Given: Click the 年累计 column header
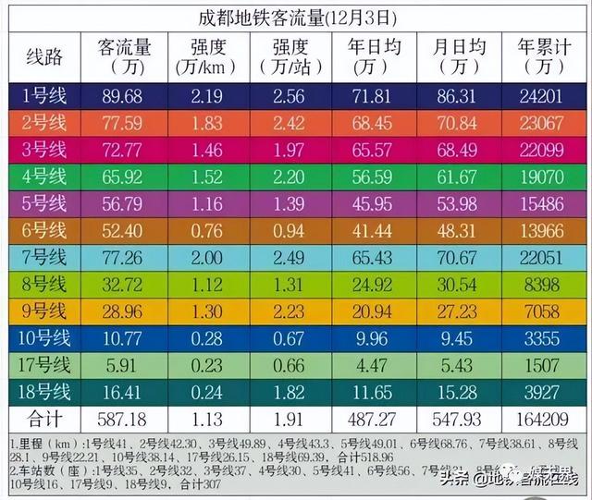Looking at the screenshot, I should (x=538, y=57).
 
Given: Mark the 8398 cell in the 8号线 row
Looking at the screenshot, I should (x=538, y=284).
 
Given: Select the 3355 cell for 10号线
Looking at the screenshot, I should (x=538, y=337).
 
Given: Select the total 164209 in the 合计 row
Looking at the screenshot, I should (x=538, y=418).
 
